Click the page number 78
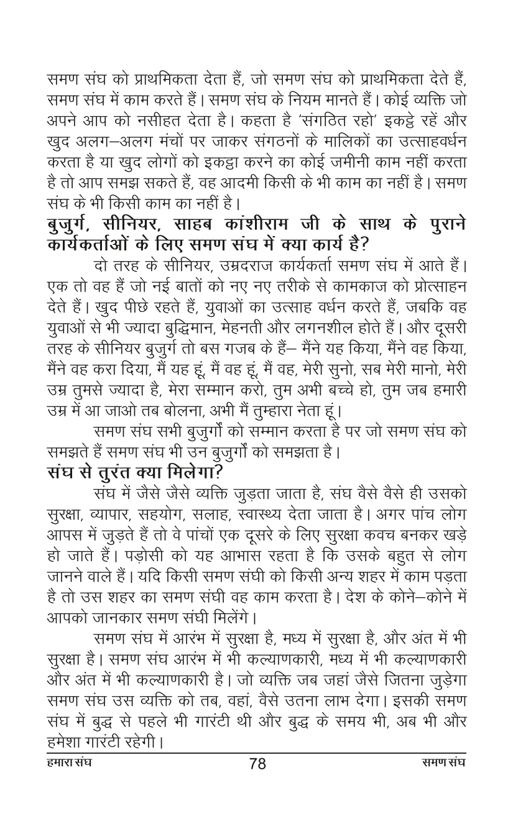coord(257,764)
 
